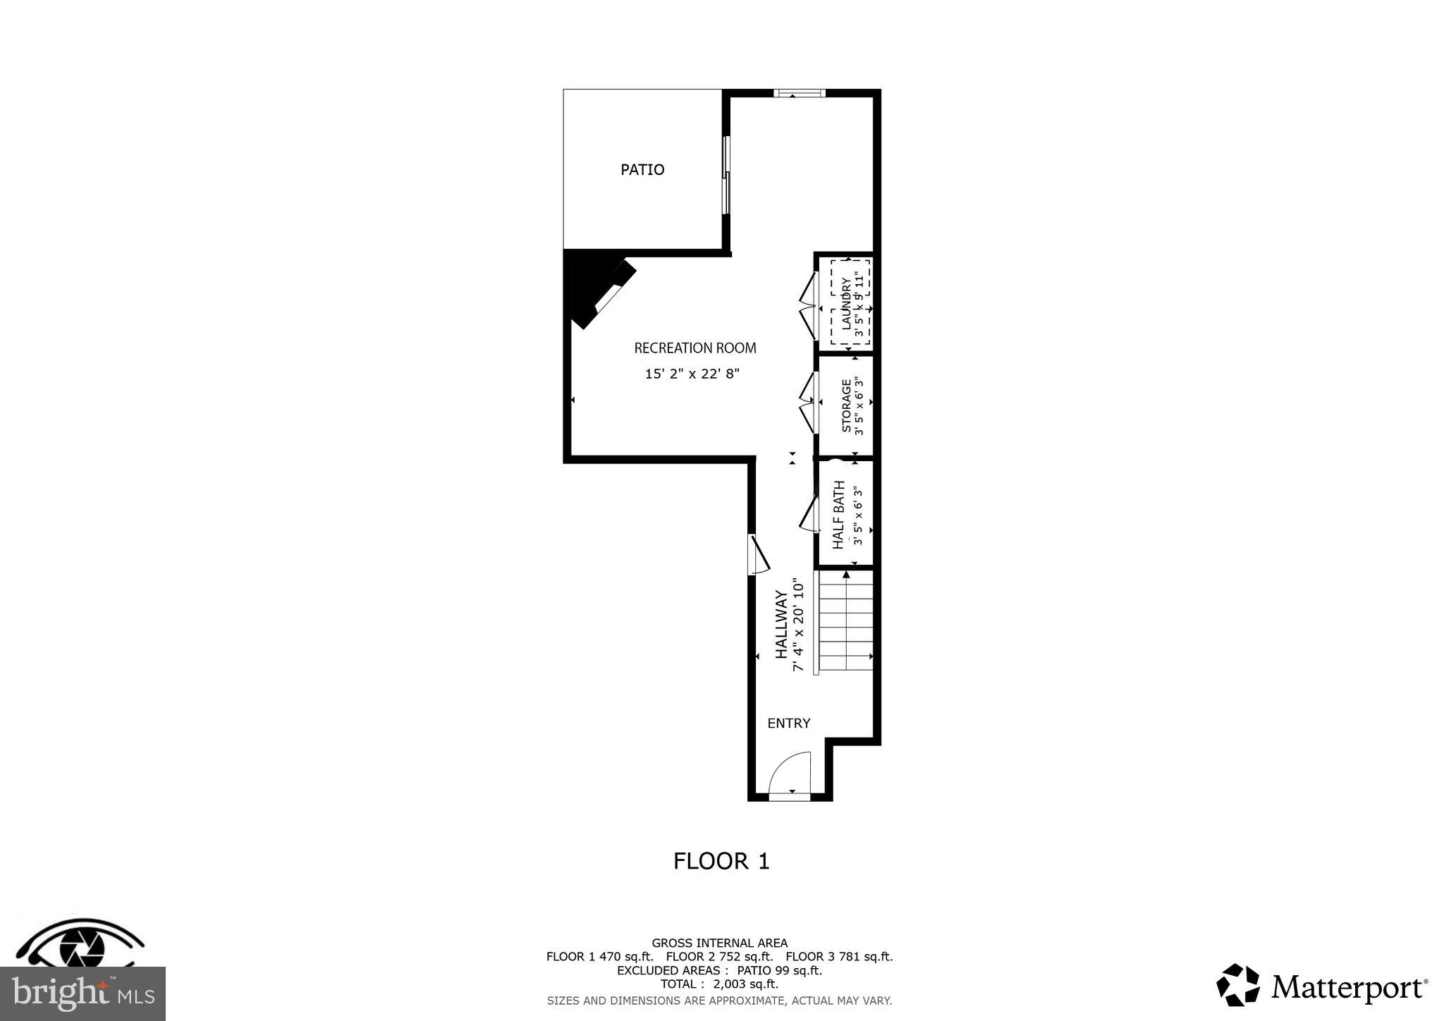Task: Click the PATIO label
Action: pos(642,169)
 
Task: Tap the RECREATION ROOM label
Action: pos(695,348)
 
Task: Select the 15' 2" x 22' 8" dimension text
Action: pos(692,374)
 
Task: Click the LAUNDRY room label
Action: pos(846,303)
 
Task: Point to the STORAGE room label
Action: pos(846,405)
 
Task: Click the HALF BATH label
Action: pos(838,515)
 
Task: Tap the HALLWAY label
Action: pos(781,625)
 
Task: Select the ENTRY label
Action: pos(788,723)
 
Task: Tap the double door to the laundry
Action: pos(808,306)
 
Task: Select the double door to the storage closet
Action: pos(808,403)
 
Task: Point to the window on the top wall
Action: pos(799,92)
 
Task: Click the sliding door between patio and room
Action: pos(726,174)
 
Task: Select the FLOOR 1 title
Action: pos(721,861)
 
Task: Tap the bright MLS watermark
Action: pos(82,994)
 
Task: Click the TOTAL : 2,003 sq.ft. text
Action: pos(719,984)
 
